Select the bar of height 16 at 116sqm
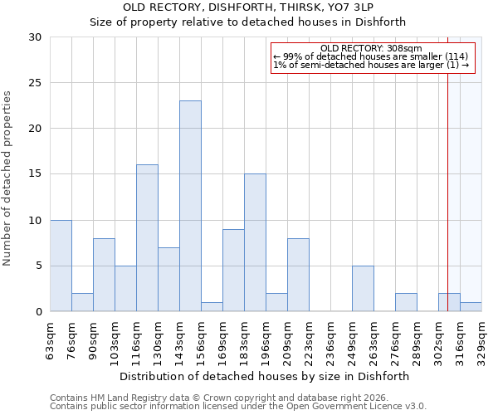point(147,238)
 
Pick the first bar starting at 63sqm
point(61,266)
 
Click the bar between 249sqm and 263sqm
point(363,288)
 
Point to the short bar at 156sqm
point(212,306)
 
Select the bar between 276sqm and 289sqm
point(406,302)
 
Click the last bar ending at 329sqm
point(471,306)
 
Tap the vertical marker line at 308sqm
point(448,166)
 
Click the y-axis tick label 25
point(35,83)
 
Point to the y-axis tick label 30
point(35,37)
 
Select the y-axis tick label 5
point(38,266)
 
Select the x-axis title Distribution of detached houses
point(265,376)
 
